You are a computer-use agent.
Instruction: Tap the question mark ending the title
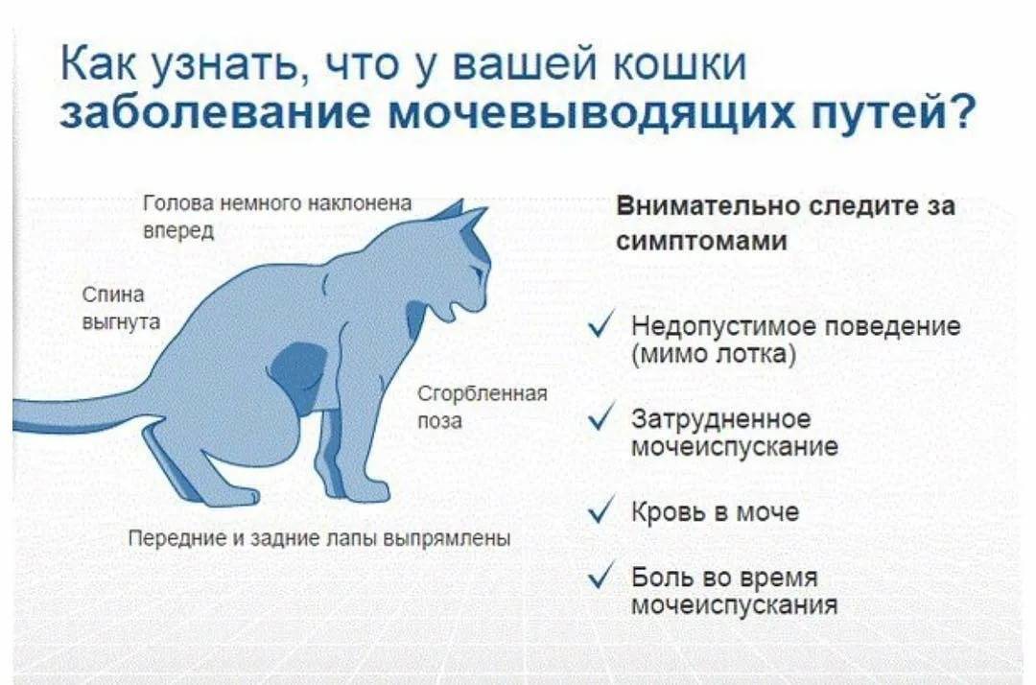coord(959,110)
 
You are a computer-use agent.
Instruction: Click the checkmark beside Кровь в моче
coord(600,510)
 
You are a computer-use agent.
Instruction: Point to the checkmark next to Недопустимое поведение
coord(600,324)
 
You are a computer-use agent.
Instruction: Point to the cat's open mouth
coord(456,311)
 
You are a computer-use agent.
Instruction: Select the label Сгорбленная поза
coord(483,407)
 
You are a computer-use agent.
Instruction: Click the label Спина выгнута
coord(121,308)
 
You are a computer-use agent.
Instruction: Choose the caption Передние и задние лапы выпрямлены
coord(319,538)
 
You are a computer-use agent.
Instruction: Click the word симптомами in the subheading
coord(701,241)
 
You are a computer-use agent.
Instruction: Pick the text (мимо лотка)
coord(714,354)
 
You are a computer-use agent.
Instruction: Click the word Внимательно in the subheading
coord(708,206)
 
